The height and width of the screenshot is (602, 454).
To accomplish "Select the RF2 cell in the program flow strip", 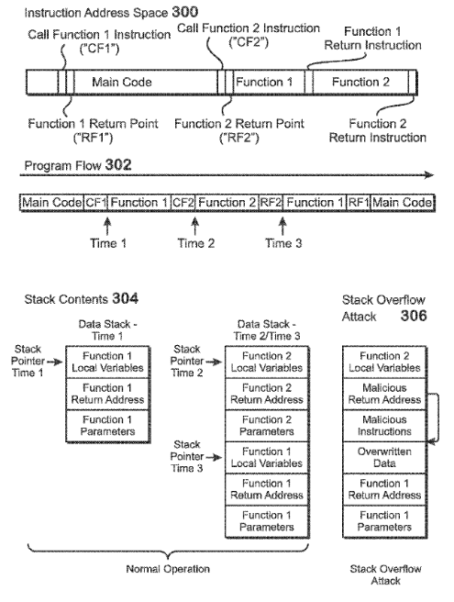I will click(x=271, y=202).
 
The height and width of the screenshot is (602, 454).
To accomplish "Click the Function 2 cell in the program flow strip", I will click(x=227, y=202).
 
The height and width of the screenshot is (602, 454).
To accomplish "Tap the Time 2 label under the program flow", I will click(x=194, y=242).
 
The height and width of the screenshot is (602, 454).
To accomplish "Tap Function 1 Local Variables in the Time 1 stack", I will click(x=108, y=362).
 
